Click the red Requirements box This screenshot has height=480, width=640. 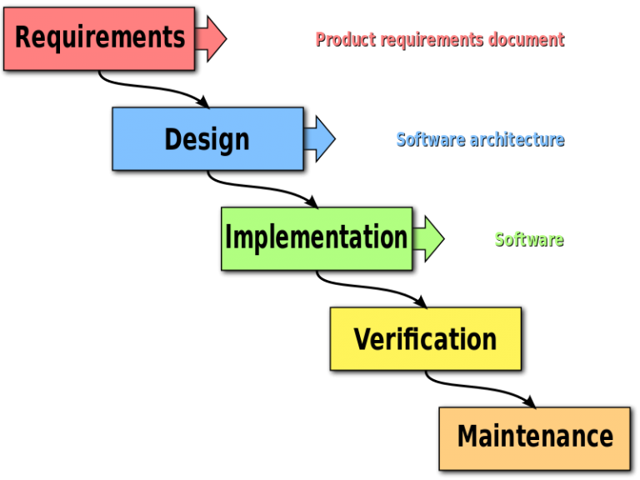[99, 38]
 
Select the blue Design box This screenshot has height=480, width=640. [207, 139]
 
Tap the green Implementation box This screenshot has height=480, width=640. [317, 238]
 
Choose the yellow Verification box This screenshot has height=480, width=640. [426, 339]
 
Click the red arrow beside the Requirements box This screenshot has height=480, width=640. [212, 38]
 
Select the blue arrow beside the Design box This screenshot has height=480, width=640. [320, 139]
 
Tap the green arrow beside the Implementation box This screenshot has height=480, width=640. [429, 239]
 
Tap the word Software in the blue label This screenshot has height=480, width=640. [430, 139]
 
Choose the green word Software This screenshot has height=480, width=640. [528, 239]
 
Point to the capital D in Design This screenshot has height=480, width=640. [172, 139]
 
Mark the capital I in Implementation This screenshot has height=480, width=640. [228, 237]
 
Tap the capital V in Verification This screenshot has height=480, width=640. [362, 339]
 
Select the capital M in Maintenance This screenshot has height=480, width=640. [470, 437]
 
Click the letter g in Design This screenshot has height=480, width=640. [221, 142]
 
